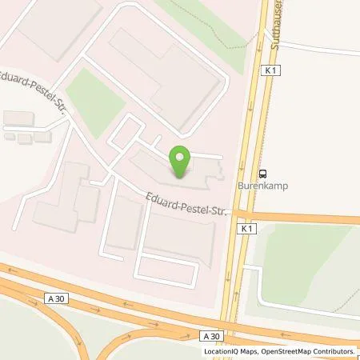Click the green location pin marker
[180, 162]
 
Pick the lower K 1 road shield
[244, 229]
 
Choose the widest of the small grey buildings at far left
[18, 118]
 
